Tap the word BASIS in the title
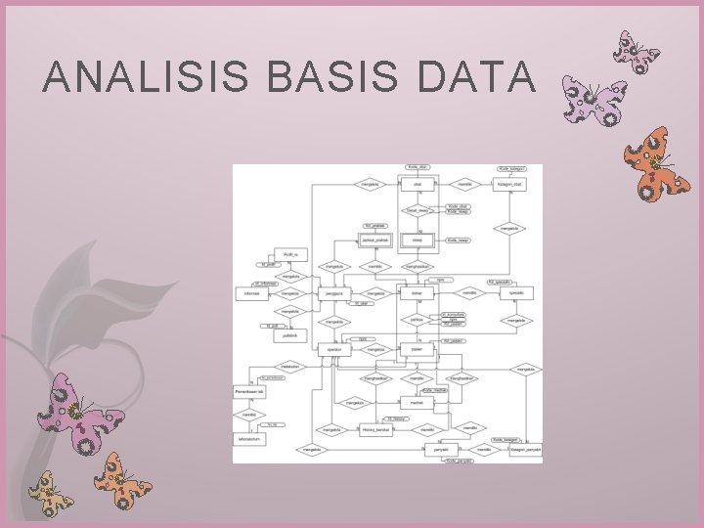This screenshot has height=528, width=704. click(316, 76)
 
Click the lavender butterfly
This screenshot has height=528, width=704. click(593, 102)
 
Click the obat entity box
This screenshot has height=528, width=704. click(418, 184)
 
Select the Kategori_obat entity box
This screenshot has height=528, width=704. click(509, 184)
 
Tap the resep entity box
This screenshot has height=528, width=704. click(418, 239)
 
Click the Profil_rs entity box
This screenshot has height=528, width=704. click(290, 254)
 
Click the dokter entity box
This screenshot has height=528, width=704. click(418, 293)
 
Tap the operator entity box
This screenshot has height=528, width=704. click(333, 349)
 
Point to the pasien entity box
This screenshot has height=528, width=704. click(418, 349)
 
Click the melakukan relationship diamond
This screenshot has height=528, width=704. click(290, 367)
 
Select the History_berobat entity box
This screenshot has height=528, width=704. click(375, 430)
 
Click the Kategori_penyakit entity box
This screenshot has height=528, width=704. click(525, 450)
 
